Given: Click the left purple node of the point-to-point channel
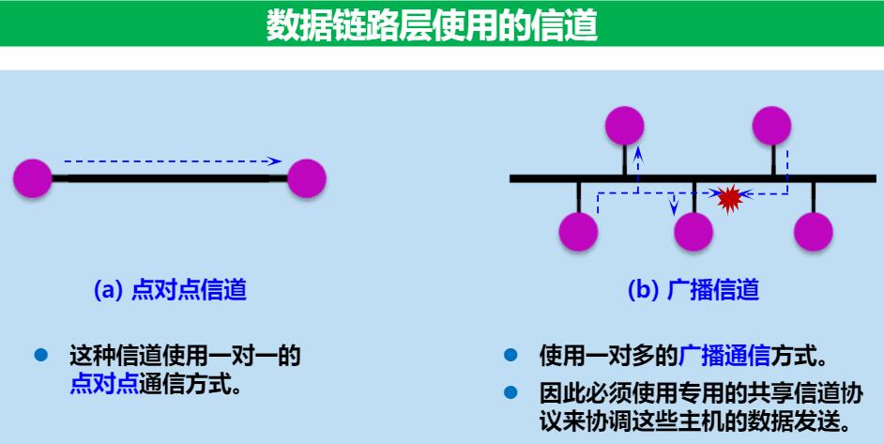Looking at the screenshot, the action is pos(33,177).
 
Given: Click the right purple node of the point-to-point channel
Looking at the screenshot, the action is pos(307,177).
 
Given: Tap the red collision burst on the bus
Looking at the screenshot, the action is pos(729,197).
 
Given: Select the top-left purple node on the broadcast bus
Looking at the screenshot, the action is pos(624,126).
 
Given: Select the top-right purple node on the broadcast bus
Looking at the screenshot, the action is pos(772,126).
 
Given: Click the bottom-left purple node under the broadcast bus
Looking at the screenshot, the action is pos(578,231).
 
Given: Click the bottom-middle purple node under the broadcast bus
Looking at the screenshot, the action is pos(693,231).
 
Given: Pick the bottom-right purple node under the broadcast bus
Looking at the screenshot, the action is pos(814,231).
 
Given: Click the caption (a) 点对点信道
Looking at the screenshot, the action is pos(170,290).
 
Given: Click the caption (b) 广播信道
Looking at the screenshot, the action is pos(693,290).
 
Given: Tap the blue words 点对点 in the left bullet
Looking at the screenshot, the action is pos(103,383).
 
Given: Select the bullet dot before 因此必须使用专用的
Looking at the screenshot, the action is pos(510,391).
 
